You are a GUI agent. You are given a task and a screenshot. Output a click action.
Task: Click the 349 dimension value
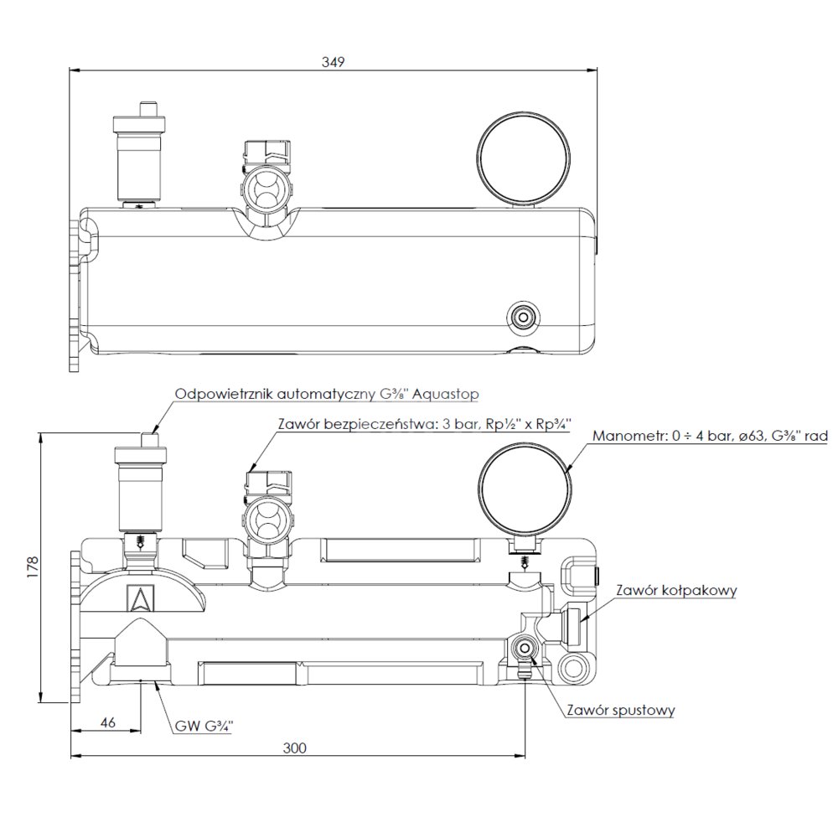click(333, 62)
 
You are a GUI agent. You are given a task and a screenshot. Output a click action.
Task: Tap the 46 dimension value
click(108, 722)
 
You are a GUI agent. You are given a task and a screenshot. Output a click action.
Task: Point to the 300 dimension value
click(294, 747)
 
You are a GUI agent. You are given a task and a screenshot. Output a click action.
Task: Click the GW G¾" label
click(204, 727)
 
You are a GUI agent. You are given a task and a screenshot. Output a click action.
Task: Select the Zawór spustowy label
click(620, 711)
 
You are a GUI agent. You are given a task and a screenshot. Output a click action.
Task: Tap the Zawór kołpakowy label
click(676, 591)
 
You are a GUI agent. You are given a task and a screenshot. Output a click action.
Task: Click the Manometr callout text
click(710, 436)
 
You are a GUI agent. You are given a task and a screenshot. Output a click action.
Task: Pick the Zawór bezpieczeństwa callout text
click(424, 424)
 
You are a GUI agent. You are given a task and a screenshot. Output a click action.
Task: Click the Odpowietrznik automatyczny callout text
click(327, 395)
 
